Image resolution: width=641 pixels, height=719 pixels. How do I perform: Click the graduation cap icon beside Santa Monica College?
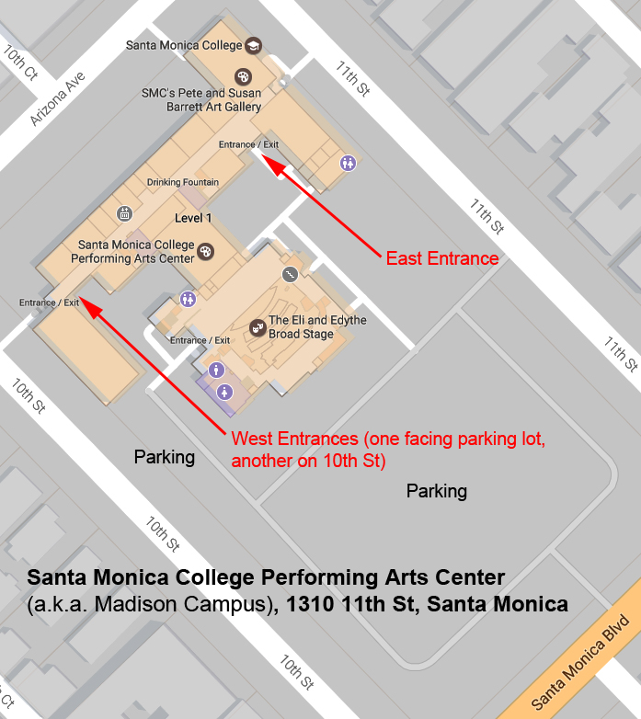coord(254,46)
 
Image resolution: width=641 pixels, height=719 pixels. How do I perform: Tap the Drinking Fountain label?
coord(183,182)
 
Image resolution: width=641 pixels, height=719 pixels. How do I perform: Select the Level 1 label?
coord(193,218)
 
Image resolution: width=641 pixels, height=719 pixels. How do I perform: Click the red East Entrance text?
coord(442,258)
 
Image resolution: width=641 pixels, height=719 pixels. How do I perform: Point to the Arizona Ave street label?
coord(57,99)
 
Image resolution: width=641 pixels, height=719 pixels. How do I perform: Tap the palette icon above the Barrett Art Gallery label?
coord(243,77)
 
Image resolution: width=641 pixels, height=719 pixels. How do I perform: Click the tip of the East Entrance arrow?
coord(264,158)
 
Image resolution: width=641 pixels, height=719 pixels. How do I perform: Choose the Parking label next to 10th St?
coord(165,457)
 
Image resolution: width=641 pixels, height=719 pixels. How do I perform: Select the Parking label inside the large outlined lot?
coord(437,491)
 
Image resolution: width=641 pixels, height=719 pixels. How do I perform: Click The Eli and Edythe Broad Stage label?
coord(316,327)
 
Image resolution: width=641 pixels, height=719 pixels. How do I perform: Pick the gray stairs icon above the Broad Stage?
coord(289,274)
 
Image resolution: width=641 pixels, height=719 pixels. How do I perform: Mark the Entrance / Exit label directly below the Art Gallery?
coord(248,144)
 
